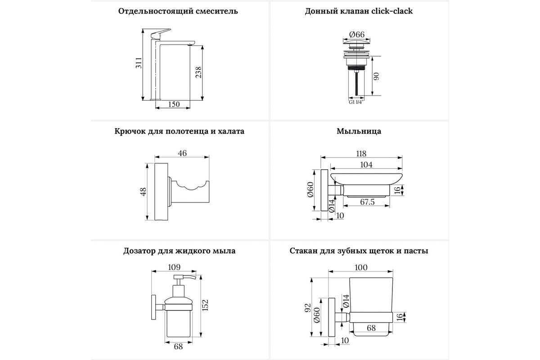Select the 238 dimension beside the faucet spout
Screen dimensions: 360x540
(x=198, y=72)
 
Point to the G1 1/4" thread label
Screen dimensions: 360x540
(x=356, y=102)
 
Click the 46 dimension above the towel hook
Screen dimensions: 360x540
(x=182, y=153)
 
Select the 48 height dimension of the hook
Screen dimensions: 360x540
(x=143, y=192)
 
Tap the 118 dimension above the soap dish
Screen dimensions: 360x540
(x=361, y=153)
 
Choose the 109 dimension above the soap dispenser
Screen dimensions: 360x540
(x=174, y=267)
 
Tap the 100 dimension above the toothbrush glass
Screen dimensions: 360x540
(x=361, y=268)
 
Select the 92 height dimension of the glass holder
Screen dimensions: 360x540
(x=307, y=309)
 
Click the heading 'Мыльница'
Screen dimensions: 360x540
(x=359, y=131)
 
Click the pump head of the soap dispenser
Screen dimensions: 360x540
(x=185, y=279)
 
